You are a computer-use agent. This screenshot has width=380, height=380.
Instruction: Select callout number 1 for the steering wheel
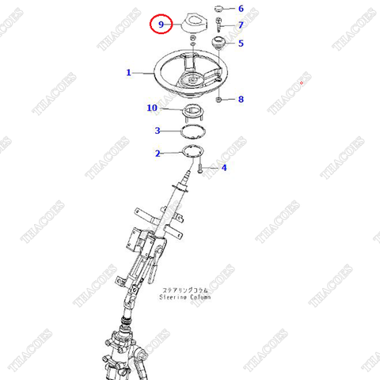[x=128, y=72]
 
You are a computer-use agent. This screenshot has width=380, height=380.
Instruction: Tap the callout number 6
[x=241, y=9]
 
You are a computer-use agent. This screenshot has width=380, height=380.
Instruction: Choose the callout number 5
[x=241, y=44]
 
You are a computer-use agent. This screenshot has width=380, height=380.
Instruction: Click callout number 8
[x=241, y=99]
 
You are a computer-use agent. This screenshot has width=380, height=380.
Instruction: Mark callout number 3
[x=158, y=131]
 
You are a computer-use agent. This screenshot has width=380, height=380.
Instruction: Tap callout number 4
[x=224, y=168]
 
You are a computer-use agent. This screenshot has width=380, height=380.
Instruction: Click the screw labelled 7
[x=218, y=25]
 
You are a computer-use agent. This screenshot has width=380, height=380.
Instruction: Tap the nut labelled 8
[x=218, y=99]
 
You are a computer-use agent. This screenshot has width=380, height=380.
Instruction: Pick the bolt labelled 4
[x=203, y=166]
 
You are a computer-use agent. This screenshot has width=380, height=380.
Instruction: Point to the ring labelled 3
[x=192, y=131]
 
